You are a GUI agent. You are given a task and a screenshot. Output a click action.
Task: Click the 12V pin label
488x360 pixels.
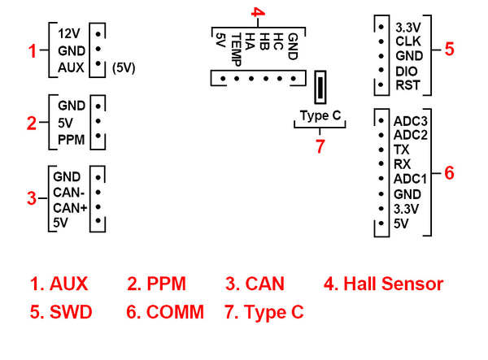[x=70, y=34]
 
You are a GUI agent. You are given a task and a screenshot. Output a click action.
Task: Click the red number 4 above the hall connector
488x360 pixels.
[x=257, y=12]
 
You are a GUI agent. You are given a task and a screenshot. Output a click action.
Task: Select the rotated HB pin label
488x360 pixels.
[x=264, y=41]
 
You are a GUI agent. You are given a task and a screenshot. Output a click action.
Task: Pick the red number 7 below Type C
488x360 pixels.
[x=320, y=146]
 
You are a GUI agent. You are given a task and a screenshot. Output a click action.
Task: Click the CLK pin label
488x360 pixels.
[x=407, y=40]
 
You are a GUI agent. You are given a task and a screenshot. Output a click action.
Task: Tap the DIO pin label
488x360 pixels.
[x=407, y=71]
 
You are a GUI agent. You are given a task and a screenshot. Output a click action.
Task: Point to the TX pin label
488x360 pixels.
[x=401, y=150]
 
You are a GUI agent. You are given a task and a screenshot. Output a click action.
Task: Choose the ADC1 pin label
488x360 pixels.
[x=409, y=180]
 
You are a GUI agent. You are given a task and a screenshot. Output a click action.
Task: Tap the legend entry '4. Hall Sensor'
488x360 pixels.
[x=384, y=284]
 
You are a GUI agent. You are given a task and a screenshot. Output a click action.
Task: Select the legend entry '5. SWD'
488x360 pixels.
[x=61, y=311]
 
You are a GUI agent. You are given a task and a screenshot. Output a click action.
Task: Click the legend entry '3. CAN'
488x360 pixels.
[x=255, y=284]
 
